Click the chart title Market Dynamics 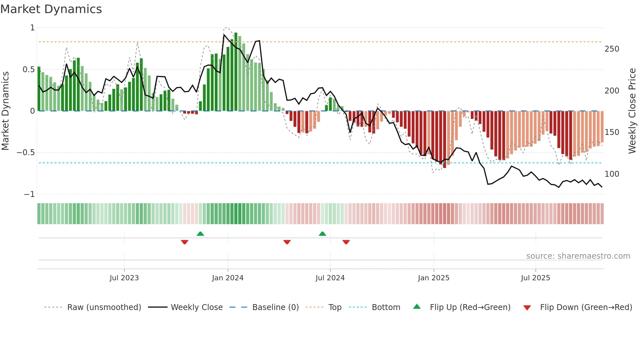[x=51, y=9]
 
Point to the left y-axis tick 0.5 [x=28, y=70]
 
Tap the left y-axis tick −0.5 [x=26, y=153]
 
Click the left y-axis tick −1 [x=29, y=194]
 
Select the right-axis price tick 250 [x=612, y=49]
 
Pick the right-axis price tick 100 [x=612, y=174]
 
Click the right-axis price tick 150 [x=612, y=132]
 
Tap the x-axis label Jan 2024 [x=228, y=278]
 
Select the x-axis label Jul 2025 [x=535, y=278]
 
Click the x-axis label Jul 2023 [x=124, y=278]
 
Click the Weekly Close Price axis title [x=632, y=111]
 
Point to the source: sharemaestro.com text [x=578, y=256]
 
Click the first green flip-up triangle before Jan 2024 [x=200, y=234]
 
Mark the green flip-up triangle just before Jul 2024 [x=322, y=234]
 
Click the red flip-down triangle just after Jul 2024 [x=346, y=242]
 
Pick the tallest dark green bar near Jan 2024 [x=236, y=72]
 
